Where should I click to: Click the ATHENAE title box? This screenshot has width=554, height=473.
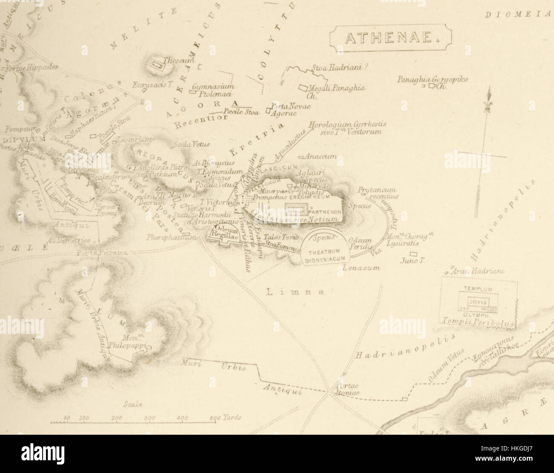pyautogui.click(x=390, y=39)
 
